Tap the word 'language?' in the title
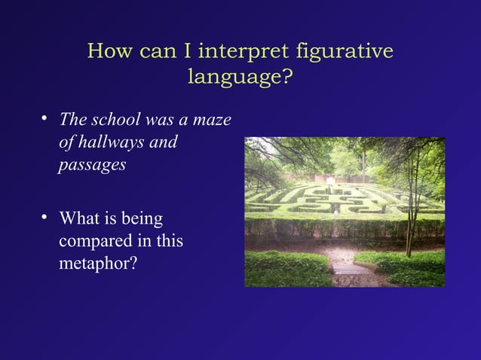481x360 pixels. click(240, 77)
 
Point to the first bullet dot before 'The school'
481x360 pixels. click(45, 118)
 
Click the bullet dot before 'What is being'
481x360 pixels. click(45, 218)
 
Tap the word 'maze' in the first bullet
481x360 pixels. click(213, 120)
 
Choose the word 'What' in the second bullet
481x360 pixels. click(79, 219)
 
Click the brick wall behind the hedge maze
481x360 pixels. click(332, 178)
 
